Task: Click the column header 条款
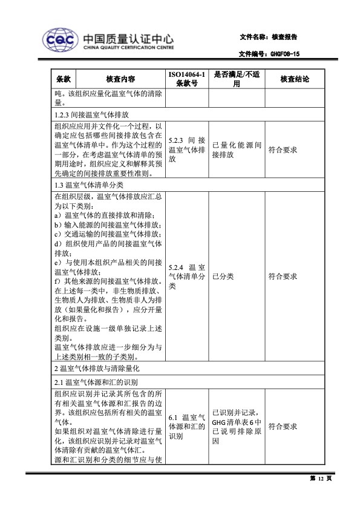tap(65, 79)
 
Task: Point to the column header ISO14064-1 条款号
tap(187, 79)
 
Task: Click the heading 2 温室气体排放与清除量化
tap(97, 368)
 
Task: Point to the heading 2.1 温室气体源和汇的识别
tap(96, 383)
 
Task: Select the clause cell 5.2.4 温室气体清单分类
tap(187, 276)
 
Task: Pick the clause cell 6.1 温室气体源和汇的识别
tap(187, 427)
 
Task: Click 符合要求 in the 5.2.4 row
tap(283, 276)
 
